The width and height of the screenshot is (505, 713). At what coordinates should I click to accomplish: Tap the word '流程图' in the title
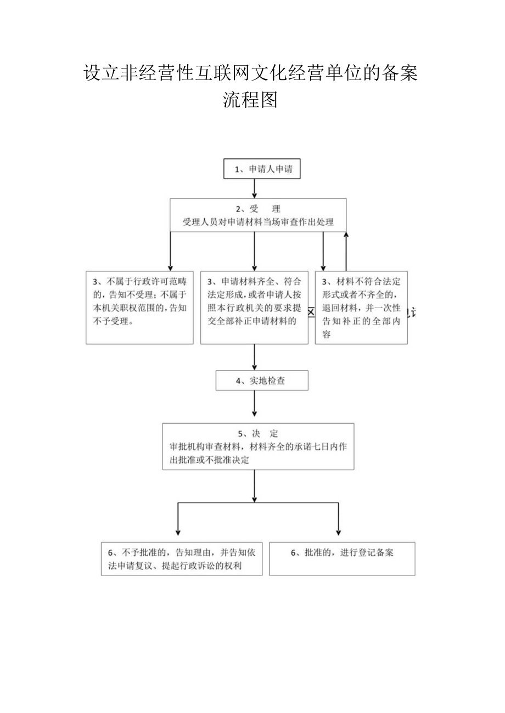(x=250, y=100)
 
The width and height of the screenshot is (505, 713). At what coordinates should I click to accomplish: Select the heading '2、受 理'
(x=258, y=209)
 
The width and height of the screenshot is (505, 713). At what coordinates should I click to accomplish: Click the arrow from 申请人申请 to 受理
(x=255, y=188)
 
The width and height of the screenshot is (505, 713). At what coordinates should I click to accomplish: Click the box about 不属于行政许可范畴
(x=139, y=307)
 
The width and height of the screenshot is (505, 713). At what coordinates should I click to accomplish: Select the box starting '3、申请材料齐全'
(x=254, y=307)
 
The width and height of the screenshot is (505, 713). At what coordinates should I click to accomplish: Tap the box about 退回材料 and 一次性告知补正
(x=361, y=307)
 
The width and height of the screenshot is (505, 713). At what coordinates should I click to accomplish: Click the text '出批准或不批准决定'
(x=210, y=460)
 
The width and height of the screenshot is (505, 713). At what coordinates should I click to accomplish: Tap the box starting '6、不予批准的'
(x=181, y=558)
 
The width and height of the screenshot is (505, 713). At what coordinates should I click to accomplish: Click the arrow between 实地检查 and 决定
(x=255, y=404)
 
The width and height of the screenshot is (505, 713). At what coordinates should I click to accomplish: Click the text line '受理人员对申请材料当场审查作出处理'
(x=259, y=223)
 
